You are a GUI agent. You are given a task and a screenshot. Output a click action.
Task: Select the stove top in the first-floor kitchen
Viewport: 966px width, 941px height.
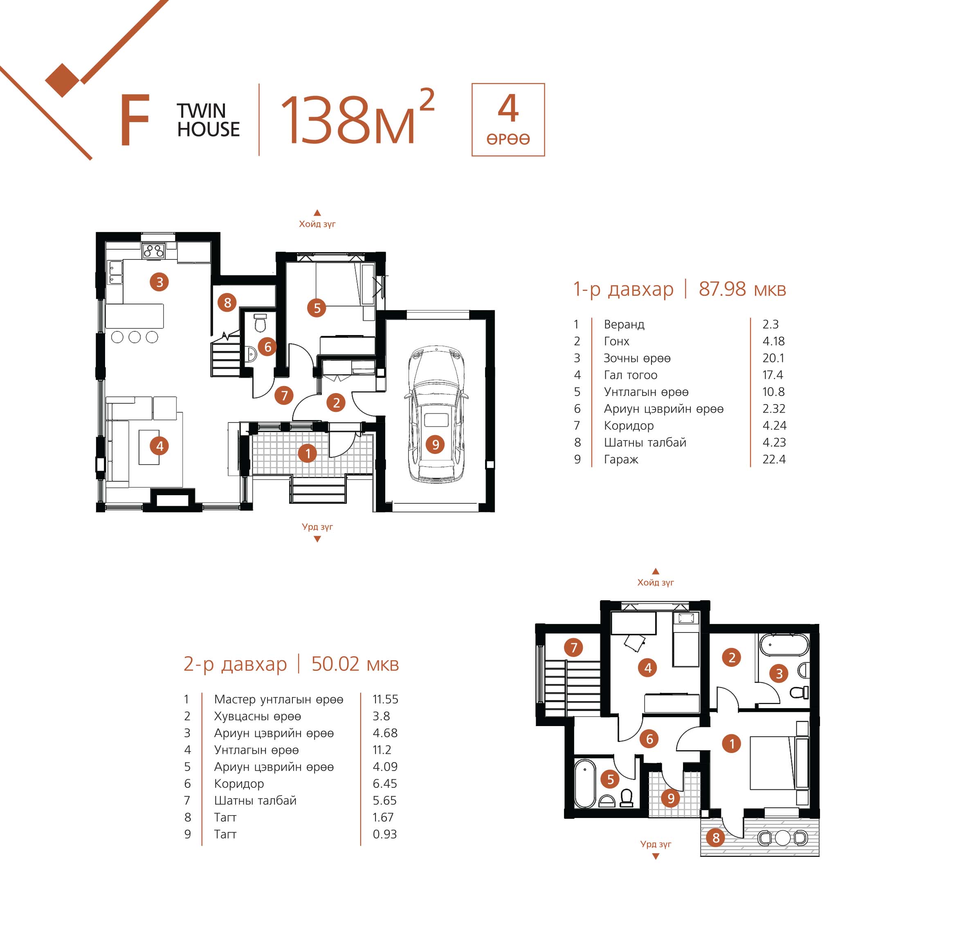tap(153, 250)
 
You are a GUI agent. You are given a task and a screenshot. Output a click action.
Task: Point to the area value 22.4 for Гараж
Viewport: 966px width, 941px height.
tap(774, 459)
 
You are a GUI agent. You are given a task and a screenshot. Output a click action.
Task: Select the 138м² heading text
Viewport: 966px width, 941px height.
tap(357, 117)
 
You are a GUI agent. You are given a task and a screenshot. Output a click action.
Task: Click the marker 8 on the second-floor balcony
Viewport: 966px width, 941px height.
tap(715, 837)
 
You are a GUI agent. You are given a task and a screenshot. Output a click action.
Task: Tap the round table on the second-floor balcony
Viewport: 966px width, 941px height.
tap(783, 838)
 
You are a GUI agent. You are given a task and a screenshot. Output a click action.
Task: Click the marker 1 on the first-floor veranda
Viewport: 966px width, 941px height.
tap(308, 453)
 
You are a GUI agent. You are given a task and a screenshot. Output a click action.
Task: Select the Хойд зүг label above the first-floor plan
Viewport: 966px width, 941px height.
tap(317, 224)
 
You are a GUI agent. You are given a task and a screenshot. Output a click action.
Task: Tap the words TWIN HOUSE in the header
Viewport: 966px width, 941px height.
tap(208, 120)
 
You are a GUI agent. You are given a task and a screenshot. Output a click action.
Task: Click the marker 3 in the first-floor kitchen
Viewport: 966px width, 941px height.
tap(159, 282)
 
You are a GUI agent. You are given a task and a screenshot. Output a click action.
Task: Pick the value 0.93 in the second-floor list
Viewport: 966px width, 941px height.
tap(384, 834)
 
